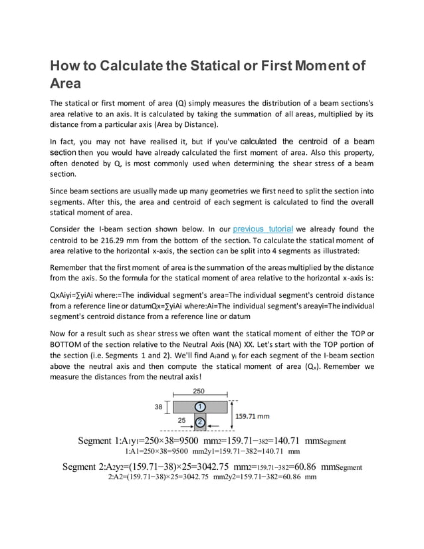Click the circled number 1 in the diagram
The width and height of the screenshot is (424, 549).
(198, 406)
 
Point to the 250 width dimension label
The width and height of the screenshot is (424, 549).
(198, 391)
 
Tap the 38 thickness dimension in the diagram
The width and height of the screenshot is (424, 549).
(159, 406)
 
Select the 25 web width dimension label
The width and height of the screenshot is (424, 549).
(181, 421)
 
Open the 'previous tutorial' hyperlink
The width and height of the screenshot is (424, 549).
(263, 229)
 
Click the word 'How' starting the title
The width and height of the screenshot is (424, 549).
(65, 66)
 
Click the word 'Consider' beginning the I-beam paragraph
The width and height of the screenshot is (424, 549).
(68, 230)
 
